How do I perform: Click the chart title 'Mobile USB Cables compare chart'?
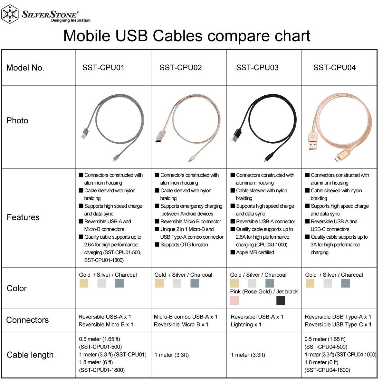point(186,36)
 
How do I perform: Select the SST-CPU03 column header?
point(257,68)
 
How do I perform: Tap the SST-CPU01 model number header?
point(103,68)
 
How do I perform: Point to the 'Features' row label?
point(23,217)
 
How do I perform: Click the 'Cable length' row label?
point(30,355)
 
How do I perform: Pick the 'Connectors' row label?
point(27,320)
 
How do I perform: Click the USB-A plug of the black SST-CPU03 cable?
point(236,136)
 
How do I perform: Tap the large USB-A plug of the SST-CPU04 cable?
point(313,140)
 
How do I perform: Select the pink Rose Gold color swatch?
point(234,301)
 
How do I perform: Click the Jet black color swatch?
point(281,301)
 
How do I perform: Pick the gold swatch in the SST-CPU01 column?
point(84,283)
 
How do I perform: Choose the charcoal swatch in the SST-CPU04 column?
point(346,283)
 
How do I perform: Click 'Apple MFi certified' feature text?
point(255,253)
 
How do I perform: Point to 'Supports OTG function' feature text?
point(184,244)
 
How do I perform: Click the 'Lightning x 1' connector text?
point(246,324)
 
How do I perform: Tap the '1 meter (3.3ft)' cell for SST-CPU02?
point(171,355)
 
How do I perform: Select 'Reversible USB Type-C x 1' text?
point(338,324)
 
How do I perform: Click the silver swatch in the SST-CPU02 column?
point(177,283)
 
